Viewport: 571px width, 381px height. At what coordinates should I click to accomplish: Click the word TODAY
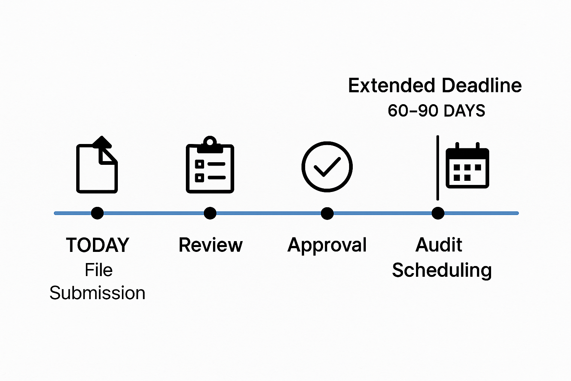pos(97,245)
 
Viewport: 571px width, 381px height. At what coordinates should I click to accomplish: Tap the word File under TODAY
pos(99,270)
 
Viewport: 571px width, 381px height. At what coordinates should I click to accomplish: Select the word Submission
pos(97,293)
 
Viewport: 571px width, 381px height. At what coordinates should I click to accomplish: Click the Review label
pos(210,245)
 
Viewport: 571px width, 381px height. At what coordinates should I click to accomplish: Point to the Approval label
pos(327,245)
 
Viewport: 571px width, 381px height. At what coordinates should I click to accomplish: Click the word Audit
pos(439,245)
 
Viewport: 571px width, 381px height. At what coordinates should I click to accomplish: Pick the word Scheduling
pos(442,270)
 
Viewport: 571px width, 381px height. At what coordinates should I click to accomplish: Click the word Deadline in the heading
pos(482,86)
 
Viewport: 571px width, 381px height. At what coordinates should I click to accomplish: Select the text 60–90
pos(414,111)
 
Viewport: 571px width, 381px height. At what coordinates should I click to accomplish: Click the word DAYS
pos(465,111)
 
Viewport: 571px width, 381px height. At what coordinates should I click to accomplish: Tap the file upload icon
pos(97,165)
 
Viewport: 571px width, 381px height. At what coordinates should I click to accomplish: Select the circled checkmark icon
pos(327,167)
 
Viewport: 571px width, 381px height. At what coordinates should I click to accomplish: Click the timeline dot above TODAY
pos(97,213)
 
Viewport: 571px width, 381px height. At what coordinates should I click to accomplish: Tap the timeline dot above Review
pos(210,213)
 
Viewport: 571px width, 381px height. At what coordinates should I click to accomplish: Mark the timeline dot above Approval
pos(327,213)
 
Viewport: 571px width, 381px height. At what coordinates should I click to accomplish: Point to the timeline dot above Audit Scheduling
pos(438,213)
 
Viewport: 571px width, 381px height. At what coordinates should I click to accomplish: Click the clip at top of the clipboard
pos(210,143)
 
